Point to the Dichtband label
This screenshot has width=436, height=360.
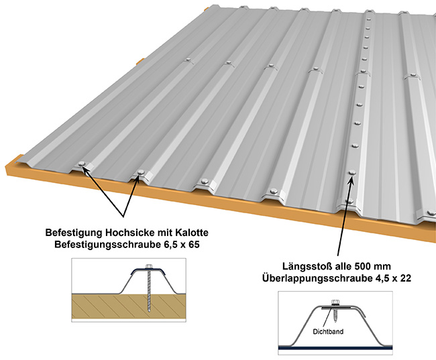pyautogui.click(x=328, y=330)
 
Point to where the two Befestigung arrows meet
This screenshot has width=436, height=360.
pyautogui.click(x=124, y=217)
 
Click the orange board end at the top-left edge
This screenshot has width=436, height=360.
pyautogui.click(x=140, y=62)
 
